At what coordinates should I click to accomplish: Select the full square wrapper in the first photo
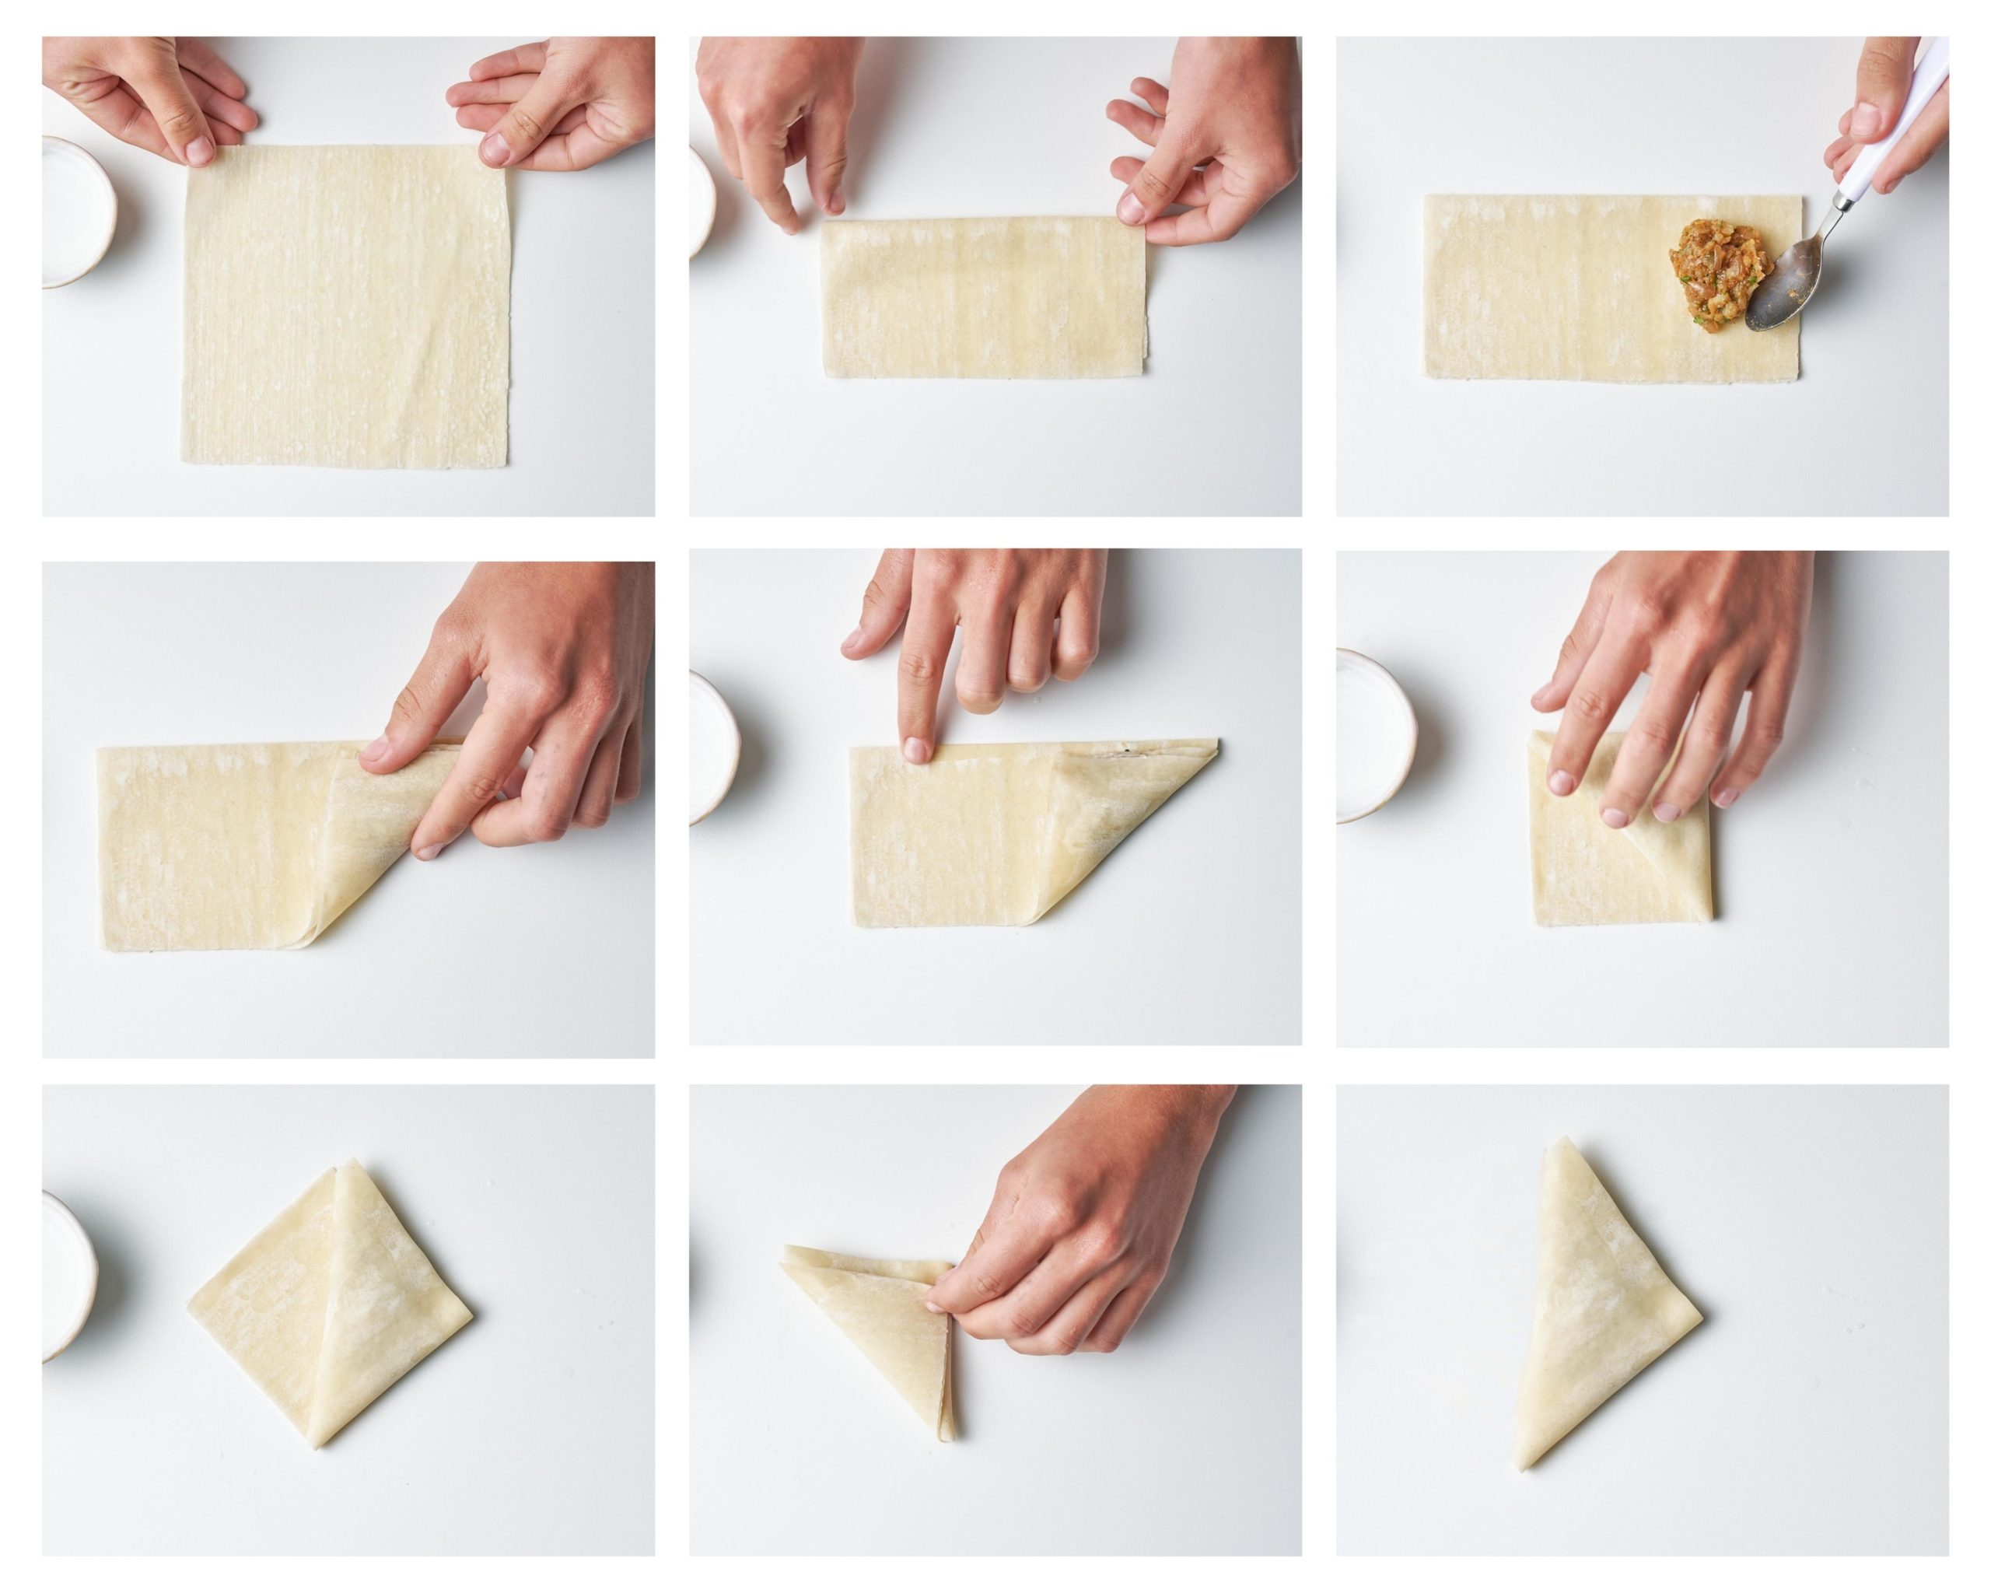tap(346, 305)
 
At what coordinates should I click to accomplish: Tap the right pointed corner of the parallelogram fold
tap(1216, 741)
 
